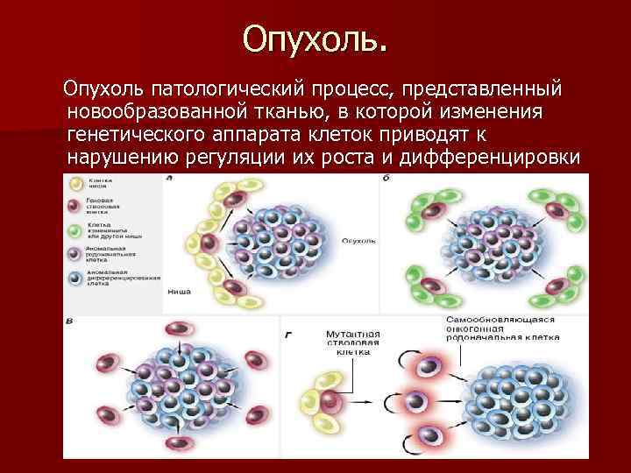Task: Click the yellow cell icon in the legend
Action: [x=76, y=183]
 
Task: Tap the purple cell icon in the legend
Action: [x=76, y=255]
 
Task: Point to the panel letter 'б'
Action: [x=386, y=179]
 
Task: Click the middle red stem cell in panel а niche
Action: [x=209, y=242]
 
